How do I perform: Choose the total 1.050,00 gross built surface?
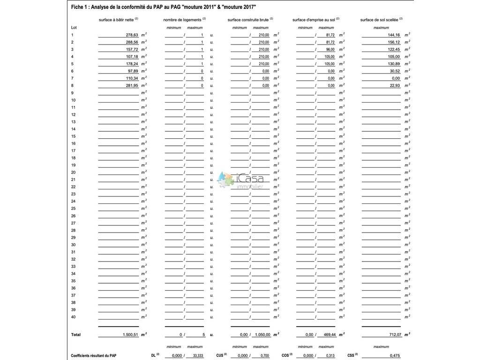261,335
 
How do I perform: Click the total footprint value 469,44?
327,335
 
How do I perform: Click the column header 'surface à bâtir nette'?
117,20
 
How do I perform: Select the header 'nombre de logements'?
183,20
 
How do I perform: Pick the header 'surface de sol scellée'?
379,20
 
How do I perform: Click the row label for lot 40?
73,317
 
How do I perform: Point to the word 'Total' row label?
75,335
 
